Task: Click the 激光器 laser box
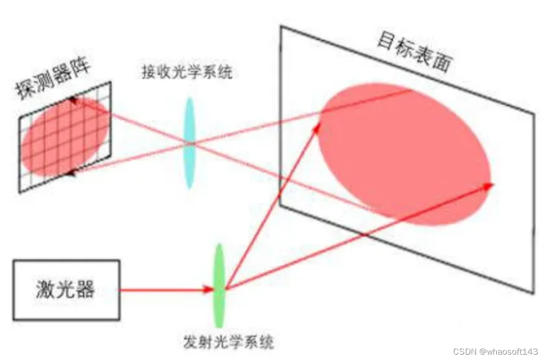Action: [66, 290]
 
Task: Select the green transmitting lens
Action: [219, 285]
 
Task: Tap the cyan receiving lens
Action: [189, 142]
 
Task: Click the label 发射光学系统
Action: [228, 342]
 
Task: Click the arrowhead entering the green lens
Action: [210, 290]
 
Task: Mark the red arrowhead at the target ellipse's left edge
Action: [318, 126]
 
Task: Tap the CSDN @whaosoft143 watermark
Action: [495, 351]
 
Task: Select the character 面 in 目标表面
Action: [442, 63]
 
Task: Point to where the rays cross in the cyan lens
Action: [190, 143]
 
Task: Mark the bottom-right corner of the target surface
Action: [533, 293]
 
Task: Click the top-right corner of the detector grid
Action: [111, 82]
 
